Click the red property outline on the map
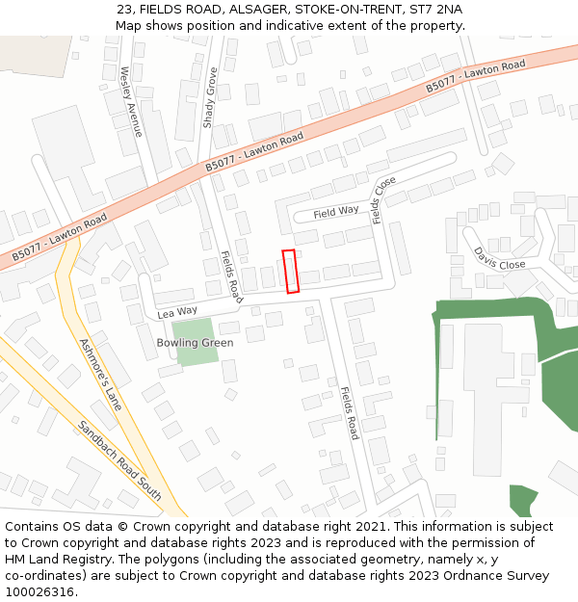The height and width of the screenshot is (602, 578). (291, 271)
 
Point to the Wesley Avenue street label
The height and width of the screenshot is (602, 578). (131, 101)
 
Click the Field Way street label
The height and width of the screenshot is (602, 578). (336, 211)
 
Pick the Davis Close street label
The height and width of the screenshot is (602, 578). (499, 258)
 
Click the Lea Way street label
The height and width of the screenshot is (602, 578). (177, 312)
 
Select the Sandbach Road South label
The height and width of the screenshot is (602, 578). (119, 460)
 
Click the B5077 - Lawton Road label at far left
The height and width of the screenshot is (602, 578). (60, 240)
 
